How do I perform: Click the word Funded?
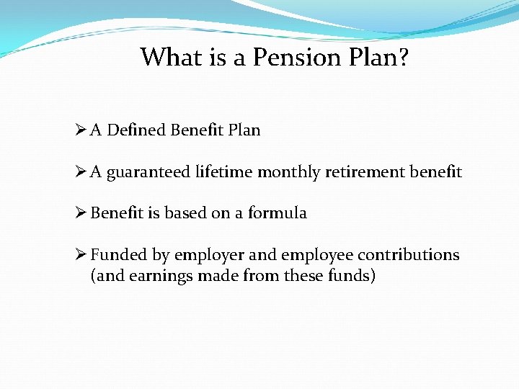click(x=118, y=255)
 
